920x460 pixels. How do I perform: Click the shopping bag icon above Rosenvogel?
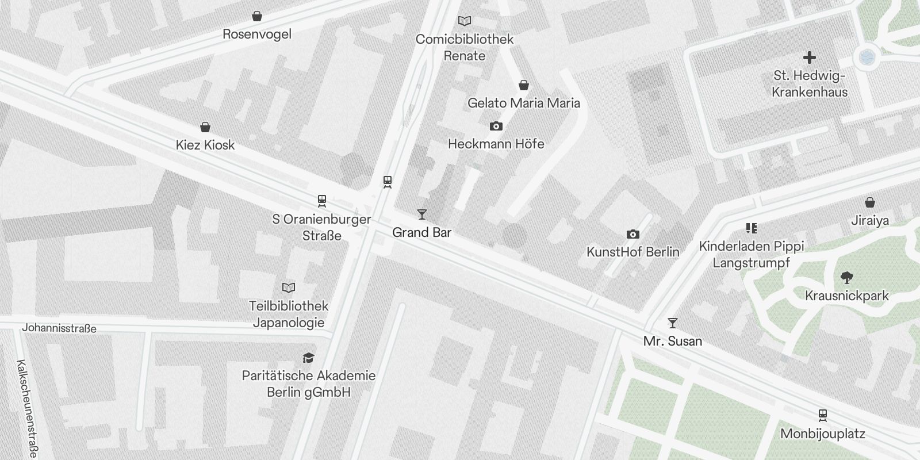(x=257, y=16)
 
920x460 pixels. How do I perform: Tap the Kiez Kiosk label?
(x=205, y=145)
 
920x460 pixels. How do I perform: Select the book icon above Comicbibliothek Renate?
(x=465, y=21)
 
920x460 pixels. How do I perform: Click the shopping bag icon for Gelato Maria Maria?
(x=524, y=86)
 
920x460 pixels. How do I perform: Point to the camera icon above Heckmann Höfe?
(x=496, y=126)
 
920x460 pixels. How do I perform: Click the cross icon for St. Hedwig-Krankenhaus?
(x=810, y=57)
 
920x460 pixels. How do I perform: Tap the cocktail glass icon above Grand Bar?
(x=422, y=214)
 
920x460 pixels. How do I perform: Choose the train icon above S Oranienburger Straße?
(x=322, y=201)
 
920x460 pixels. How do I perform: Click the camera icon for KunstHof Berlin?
(x=633, y=234)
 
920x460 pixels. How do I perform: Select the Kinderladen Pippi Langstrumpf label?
(x=752, y=254)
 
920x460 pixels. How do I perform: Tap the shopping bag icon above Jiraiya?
(x=870, y=202)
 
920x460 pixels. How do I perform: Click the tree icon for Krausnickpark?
(x=846, y=278)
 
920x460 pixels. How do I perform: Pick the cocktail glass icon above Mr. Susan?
(x=673, y=323)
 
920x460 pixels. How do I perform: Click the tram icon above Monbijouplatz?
(x=823, y=415)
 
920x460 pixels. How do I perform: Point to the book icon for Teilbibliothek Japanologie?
(x=289, y=287)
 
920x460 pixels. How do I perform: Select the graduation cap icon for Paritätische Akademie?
(x=309, y=358)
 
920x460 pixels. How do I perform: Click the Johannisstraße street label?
(x=59, y=328)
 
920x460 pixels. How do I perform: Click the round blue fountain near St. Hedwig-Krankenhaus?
(x=866, y=57)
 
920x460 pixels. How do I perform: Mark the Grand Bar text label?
(x=421, y=232)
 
